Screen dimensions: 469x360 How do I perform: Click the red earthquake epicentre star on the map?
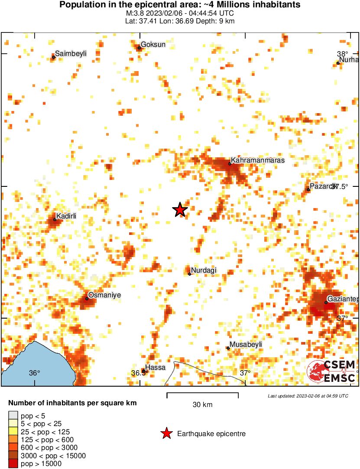(180, 210)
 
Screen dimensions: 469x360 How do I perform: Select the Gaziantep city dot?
(326, 302)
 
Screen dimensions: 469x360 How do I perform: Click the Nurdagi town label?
(204, 271)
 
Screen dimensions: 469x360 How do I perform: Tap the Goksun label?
(153, 45)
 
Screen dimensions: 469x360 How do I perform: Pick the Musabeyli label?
(246, 345)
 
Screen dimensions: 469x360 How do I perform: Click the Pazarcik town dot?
(308, 189)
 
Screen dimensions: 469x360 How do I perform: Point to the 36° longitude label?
(34, 373)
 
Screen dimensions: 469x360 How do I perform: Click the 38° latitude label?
(342, 53)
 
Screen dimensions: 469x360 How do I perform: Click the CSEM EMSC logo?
(331, 371)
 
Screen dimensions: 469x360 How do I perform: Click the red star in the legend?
(166, 433)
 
